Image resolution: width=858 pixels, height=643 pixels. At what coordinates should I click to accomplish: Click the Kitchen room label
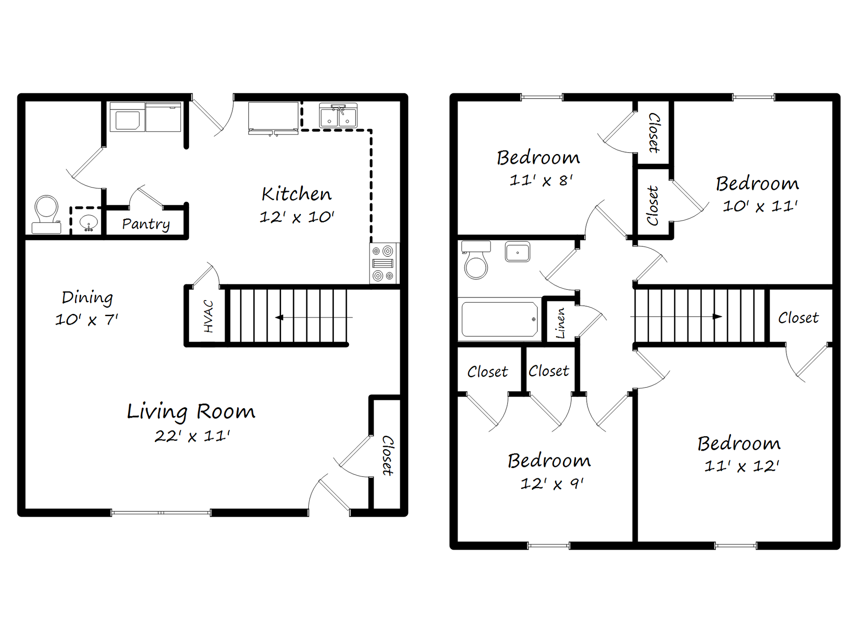297,194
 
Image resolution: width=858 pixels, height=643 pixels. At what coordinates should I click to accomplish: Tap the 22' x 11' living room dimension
192,436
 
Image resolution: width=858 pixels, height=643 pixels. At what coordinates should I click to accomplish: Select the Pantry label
146,224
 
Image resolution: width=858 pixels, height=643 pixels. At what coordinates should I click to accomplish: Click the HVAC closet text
208,316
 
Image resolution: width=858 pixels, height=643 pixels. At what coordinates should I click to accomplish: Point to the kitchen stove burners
383,263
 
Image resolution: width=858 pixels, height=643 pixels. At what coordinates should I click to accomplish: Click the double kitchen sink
338,116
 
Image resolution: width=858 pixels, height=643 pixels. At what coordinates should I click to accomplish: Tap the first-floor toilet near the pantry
46,214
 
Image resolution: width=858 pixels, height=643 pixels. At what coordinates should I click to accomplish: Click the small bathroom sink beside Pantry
88,222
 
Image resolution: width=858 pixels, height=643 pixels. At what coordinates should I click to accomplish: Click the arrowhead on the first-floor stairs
279,317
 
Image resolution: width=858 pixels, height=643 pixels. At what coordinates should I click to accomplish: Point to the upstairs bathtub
499,319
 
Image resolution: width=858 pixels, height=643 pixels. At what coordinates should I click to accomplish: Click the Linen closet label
560,323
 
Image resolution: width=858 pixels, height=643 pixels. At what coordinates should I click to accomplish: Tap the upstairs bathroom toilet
476,261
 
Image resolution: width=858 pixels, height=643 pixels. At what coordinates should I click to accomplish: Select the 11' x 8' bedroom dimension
541,180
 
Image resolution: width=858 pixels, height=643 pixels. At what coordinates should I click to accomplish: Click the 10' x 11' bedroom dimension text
760,206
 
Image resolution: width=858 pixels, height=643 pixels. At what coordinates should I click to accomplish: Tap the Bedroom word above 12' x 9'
549,460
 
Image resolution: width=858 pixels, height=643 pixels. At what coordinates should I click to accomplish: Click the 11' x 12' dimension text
741,466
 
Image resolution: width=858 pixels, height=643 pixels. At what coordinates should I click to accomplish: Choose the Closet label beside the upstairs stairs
798,318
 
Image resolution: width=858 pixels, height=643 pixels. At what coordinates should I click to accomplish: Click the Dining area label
87,297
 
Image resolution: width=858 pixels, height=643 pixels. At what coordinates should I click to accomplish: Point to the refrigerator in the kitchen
273,117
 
